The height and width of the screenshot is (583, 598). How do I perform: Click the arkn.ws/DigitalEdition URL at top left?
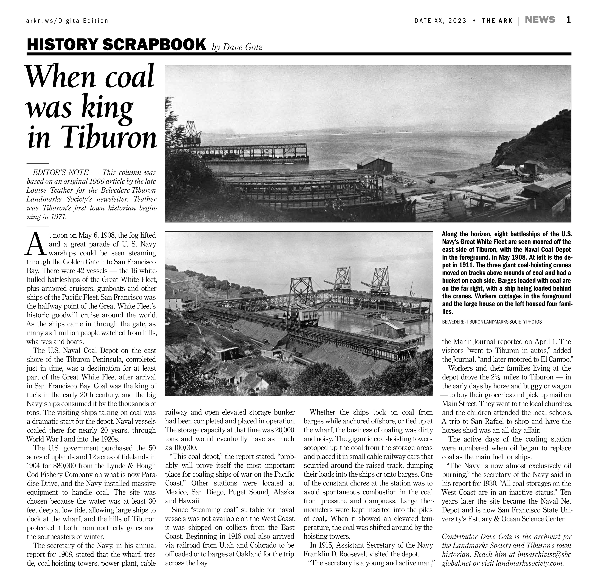click(x=67, y=21)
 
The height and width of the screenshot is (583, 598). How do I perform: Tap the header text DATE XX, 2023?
click(x=440, y=21)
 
